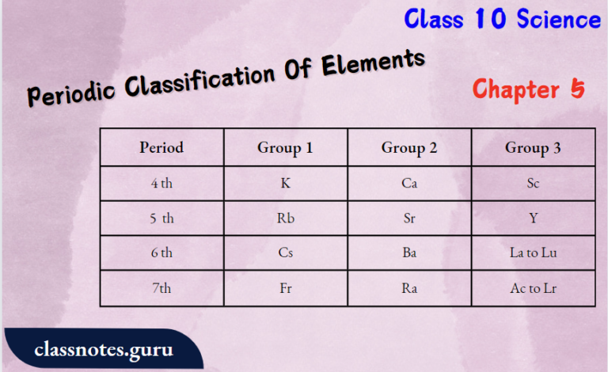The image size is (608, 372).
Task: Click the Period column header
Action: tap(161, 147)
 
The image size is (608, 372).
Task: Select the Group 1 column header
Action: tap(285, 147)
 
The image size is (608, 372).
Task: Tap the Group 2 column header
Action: tap(409, 147)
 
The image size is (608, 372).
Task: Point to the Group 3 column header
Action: tap(533, 147)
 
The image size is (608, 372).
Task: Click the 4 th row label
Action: tap(161, 184)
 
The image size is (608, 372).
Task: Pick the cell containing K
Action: tap(285, 184)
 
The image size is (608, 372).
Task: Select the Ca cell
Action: tap(409, 184)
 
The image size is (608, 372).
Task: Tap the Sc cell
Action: tap(533, 184)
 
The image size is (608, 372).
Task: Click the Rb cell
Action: tap(285, 218)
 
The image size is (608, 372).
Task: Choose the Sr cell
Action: tap(409, 218)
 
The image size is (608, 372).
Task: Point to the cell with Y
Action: tap(533, 218)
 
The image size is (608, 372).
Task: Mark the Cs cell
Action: tap(285, 253)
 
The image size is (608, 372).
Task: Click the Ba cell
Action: tap(409, 253)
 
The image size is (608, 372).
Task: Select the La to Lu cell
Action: tap(533, 253)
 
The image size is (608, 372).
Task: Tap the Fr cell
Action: tap(285, 289)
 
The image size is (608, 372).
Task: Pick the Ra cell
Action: tap(409, 289)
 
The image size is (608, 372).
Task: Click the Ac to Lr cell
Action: tap(533, 289)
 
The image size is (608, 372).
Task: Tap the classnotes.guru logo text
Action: tap(104, 349)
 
